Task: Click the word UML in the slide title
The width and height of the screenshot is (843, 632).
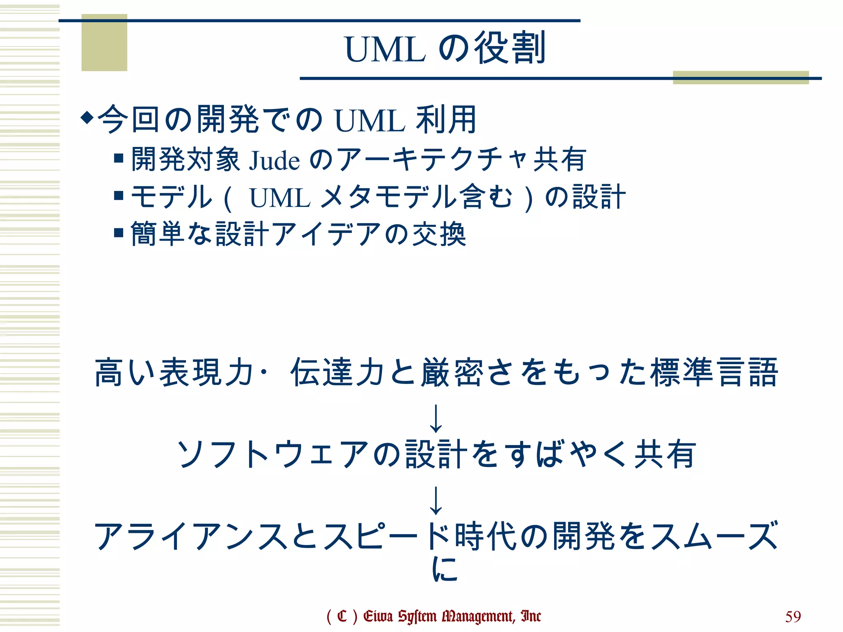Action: coord(385,49)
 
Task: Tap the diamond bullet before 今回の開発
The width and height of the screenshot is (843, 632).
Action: coord(87,118)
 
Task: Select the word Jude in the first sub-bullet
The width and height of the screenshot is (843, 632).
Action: coord(274,160)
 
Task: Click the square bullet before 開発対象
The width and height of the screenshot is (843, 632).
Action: coord(119,158)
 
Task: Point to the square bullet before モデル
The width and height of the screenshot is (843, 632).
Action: coord(119,195)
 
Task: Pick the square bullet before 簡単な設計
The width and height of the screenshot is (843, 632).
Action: coord(119,232)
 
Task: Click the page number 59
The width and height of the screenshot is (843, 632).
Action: coord(793,616)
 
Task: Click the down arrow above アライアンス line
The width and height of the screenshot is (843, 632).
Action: coord(435,500)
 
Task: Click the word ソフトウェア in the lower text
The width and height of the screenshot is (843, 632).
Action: coord(272,454)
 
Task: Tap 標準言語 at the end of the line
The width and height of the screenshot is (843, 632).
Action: coord(715,372)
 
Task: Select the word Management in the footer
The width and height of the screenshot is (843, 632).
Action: coord(478,616)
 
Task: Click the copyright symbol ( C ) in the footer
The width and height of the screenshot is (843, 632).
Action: coord(342,616)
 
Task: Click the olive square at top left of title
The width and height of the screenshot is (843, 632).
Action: coord(104,43)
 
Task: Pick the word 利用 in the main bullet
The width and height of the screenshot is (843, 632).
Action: coord(446,119)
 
